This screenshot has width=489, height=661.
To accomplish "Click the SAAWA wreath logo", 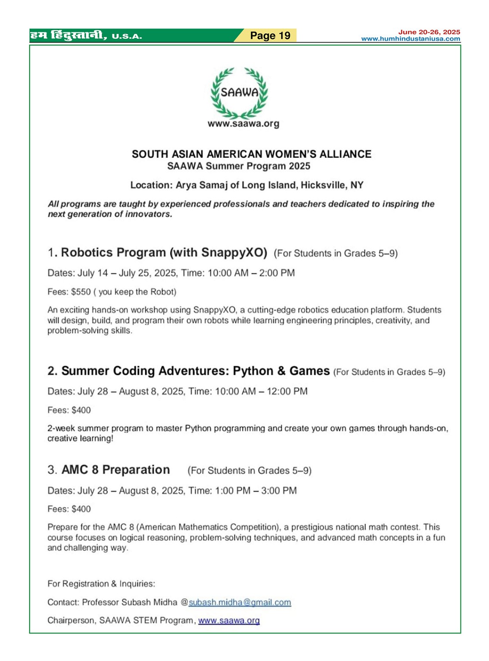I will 240,92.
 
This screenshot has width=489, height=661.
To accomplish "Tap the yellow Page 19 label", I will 270,36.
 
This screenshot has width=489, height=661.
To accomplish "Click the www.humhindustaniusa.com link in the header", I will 410,39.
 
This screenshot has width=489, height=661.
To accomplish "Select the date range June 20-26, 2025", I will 429,32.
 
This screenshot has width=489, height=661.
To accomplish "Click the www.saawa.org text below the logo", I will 243,124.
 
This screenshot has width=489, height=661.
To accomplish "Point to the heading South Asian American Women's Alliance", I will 251,154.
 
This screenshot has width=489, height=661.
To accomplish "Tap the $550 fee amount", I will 81,292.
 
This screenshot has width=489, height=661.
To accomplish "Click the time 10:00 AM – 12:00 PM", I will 261,392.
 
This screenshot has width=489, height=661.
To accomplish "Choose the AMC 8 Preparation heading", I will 115,470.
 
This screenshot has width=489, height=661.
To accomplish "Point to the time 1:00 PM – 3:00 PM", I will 256,491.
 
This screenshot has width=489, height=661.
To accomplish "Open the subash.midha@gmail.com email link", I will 240,602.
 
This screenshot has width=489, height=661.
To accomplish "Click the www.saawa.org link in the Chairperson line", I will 229,620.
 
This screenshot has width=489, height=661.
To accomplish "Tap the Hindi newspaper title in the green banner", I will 68,35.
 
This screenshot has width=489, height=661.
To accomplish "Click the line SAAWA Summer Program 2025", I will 238,166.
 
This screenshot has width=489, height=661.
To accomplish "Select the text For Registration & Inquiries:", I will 101,584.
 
